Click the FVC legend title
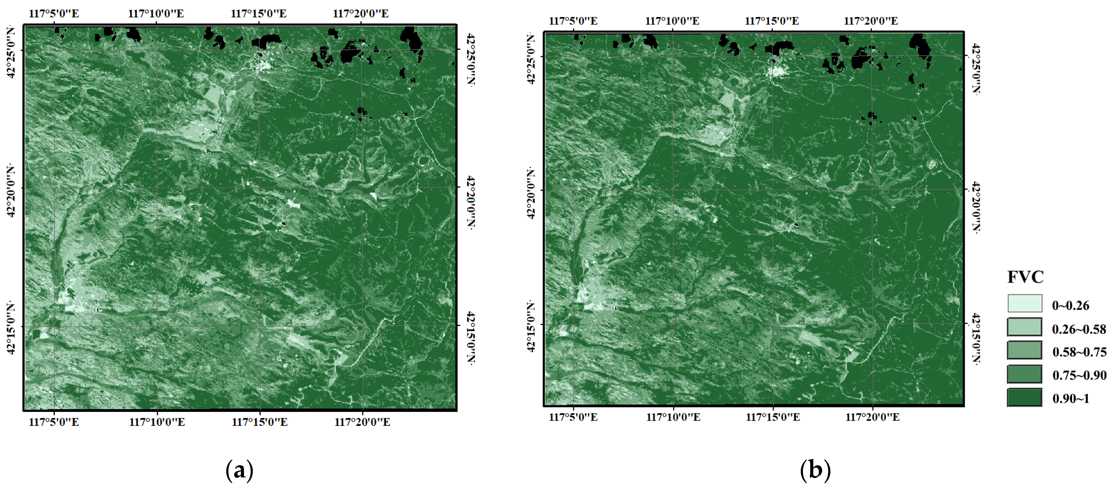tap(1025, 277)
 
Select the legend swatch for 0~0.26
tap(1025, 303)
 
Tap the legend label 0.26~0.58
tap(1079, 329)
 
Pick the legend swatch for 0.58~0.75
tap(1025, 350)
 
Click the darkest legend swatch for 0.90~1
tap(1025, 397)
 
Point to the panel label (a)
tap(240, 470)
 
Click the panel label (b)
tap(815, 470)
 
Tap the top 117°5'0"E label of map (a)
tap(54, 13)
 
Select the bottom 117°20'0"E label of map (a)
tap(362, 422)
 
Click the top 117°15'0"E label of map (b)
tap(772, 21)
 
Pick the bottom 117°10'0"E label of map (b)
tap(673, 417)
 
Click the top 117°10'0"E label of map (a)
tap(156, 13)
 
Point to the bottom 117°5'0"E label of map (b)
tap(573, 417)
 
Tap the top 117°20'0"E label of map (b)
tap(871, 21)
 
